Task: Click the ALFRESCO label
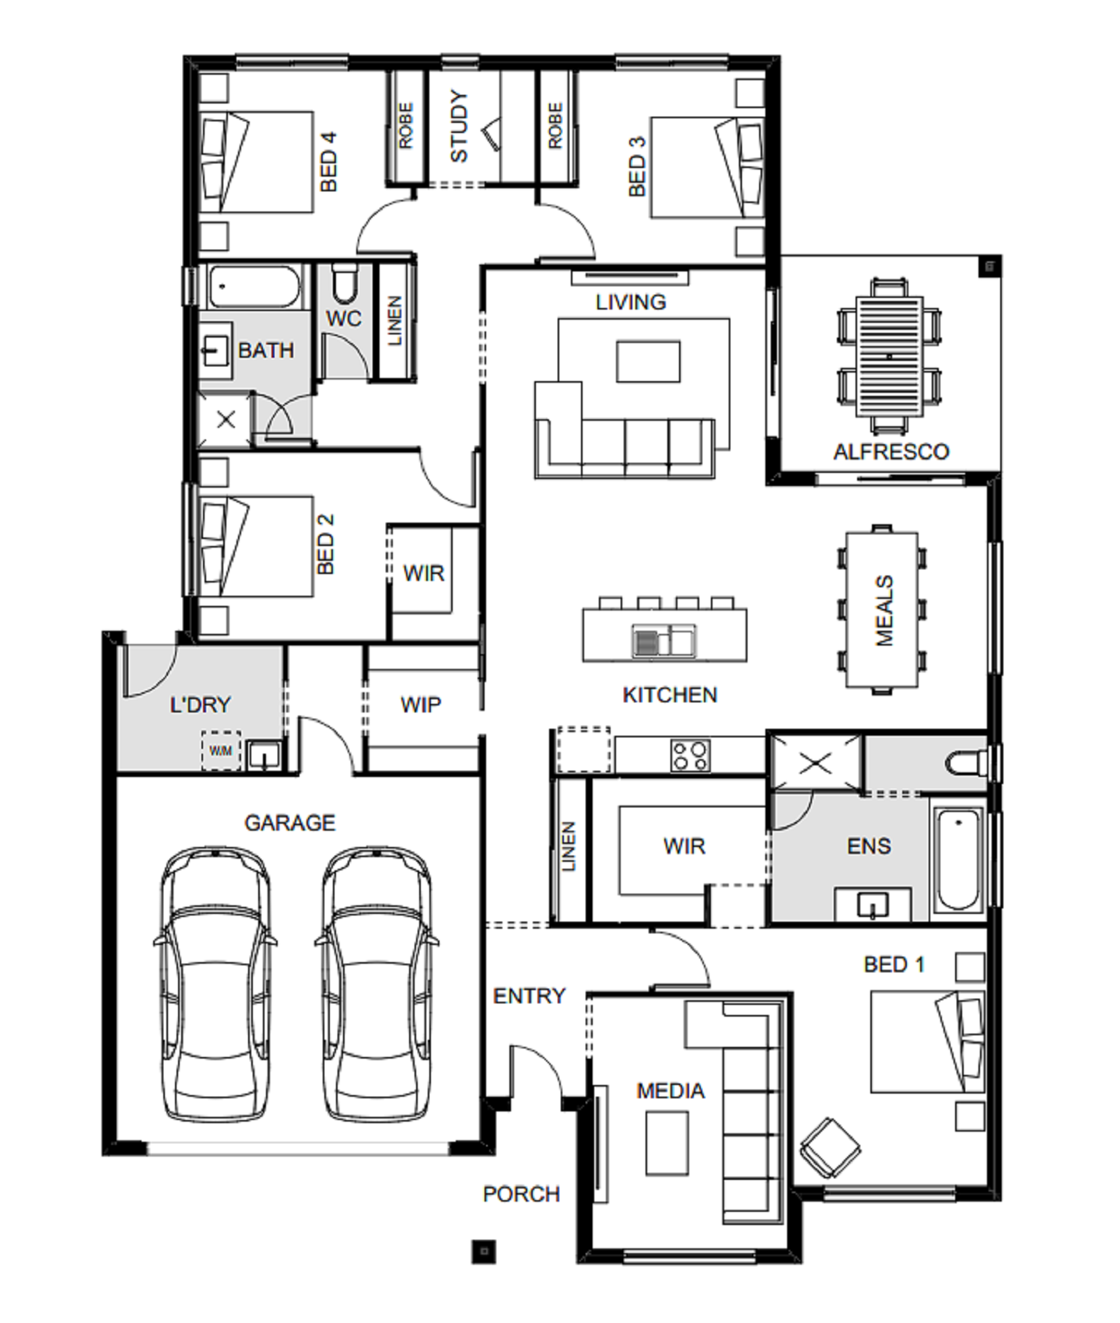tap(891, 451)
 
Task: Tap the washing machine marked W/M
tap(221, 751)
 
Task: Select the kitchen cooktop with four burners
tap(690, 754)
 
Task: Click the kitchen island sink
tap(663, 641)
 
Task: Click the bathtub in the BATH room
tap(254, 287)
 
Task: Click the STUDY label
tap(460, 127)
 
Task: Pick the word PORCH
tap(521, 1194)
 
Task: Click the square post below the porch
tap(484, 1251)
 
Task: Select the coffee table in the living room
tap(649, 361)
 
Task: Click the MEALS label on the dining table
tap(884, 611)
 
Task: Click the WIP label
tap(421, 705)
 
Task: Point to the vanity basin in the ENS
tap(873, 905)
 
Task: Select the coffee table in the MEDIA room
tap(667, 1143)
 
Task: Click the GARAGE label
tap(290, 822)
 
